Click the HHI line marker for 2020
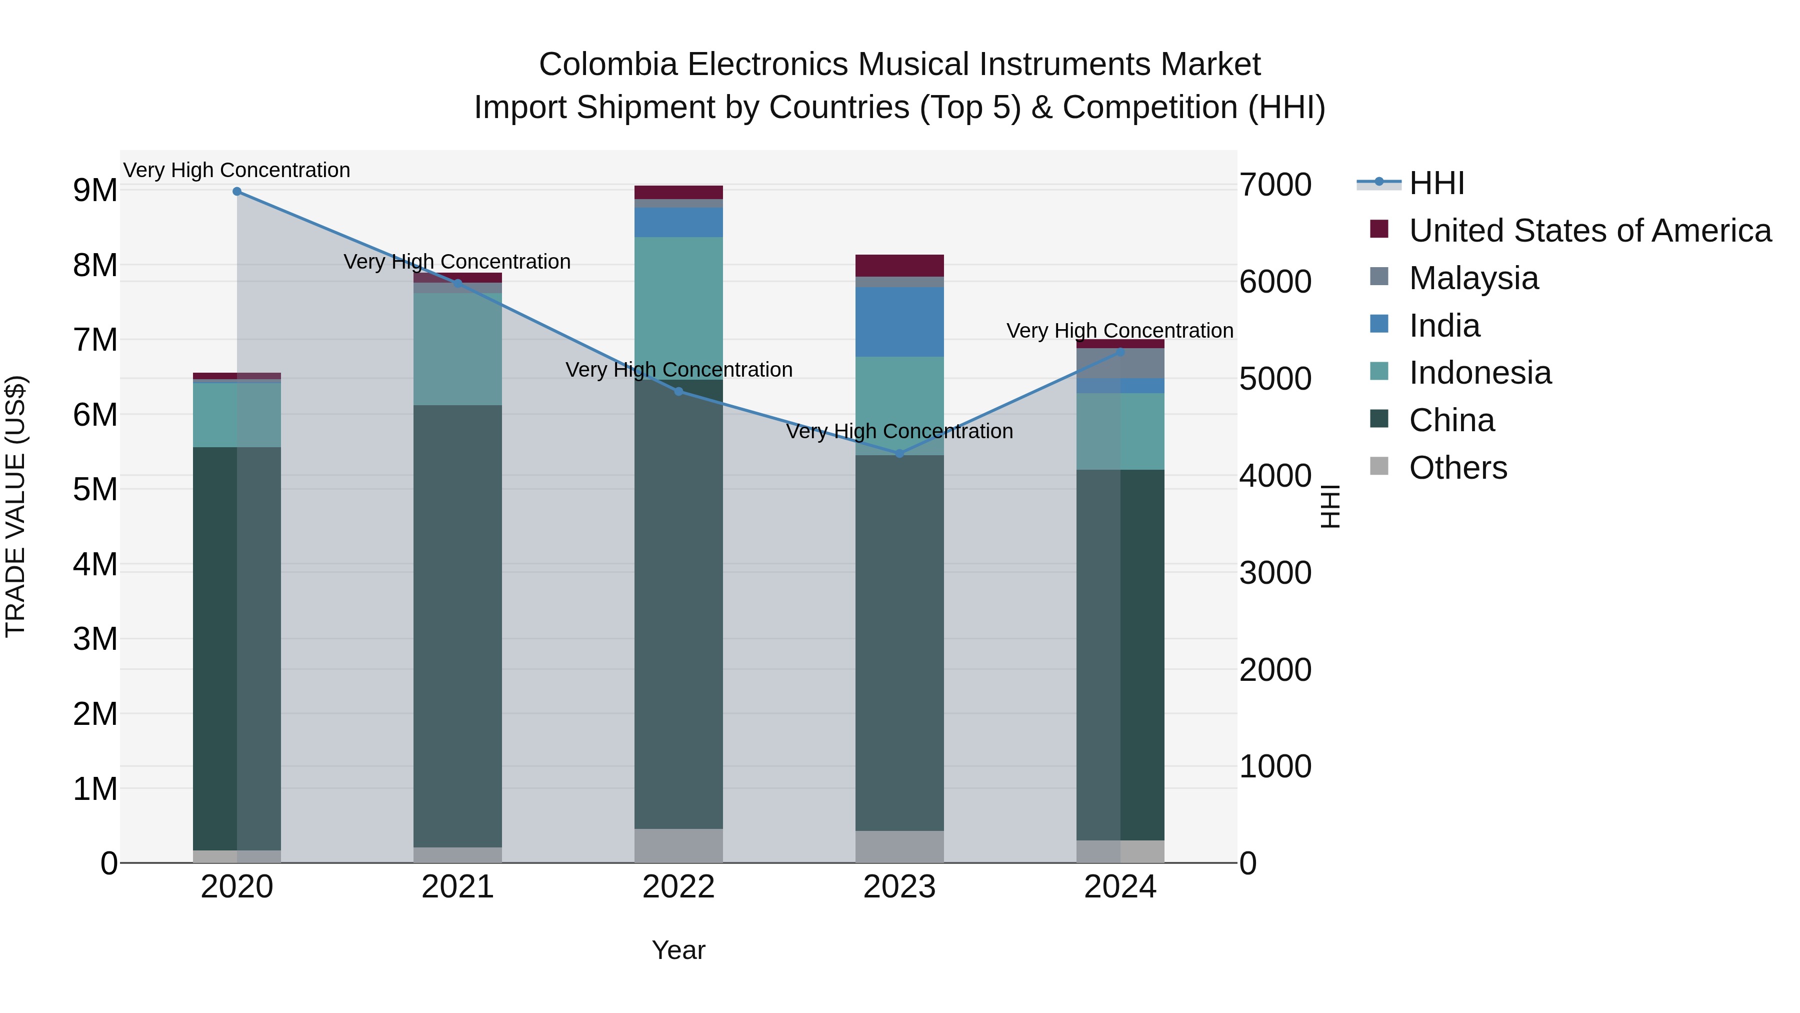point(237,192)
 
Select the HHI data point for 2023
point(899,454)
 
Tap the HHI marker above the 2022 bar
point(678,392)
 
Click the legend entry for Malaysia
point(1473,278)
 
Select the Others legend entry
point(1457,468)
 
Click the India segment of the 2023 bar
point(899,322)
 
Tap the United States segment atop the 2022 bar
point(678,192)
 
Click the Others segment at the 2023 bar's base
point(899,846)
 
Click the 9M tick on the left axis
point(95,190)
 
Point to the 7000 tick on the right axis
point(1275,185)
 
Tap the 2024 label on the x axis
point(1120,887)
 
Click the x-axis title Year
point(678,950)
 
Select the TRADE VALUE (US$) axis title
point(15,506)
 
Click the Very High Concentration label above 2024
point(1119,331)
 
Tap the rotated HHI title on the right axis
point(1330,506)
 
